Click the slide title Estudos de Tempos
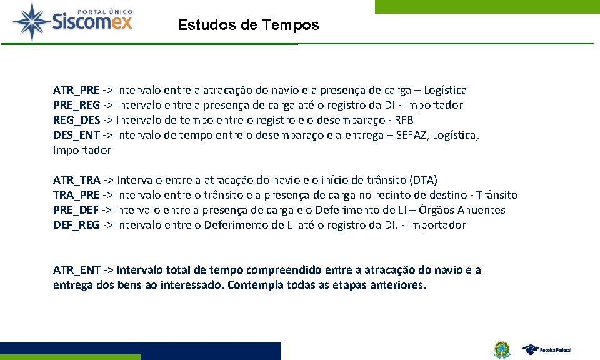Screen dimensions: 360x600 point(248,26)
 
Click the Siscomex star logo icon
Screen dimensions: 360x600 point(33,21)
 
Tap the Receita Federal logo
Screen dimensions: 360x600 point(547,349)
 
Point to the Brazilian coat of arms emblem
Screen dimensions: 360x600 point(501,349)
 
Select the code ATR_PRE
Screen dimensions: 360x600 point(76,91)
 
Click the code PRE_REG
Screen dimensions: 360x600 point(76,106)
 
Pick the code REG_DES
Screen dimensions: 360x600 point(76,121)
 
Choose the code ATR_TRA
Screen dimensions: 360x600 point(77,181)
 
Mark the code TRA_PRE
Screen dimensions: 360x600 point(76,196)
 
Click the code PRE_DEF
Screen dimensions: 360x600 point(76,211)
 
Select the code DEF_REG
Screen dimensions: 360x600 point(76,226)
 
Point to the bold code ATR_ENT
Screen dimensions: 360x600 point(76,271)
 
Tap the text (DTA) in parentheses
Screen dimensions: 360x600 point(423,181)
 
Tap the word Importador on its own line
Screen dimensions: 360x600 point(82,151)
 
